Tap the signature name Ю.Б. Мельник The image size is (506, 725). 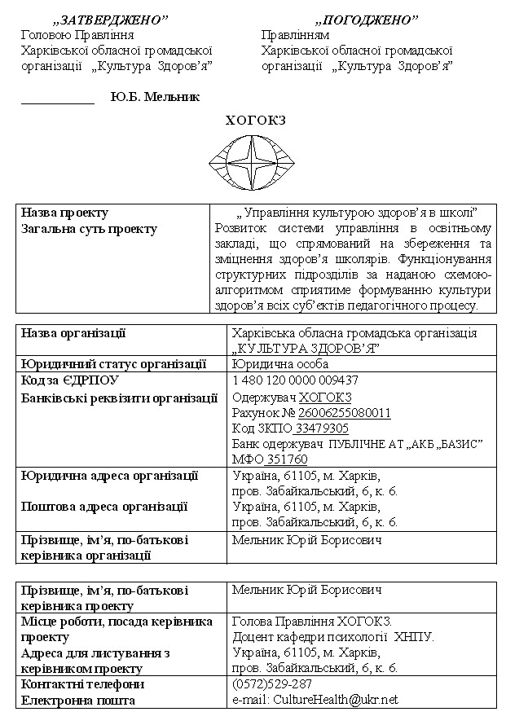tap(155, 97)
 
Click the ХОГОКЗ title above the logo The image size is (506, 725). tap(255, 121)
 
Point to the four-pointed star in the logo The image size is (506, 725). tap(256, 160)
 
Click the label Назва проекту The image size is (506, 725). tap(64, 213)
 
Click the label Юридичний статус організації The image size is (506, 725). tap(113, 363)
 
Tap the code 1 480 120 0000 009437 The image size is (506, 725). tap(295, 380)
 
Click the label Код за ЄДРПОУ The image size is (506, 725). tap(70, 380)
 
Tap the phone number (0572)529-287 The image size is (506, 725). tap(272, 683)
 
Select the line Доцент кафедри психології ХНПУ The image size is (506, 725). tap(333, 637)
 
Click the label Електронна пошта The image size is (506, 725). tap(78, 700)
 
